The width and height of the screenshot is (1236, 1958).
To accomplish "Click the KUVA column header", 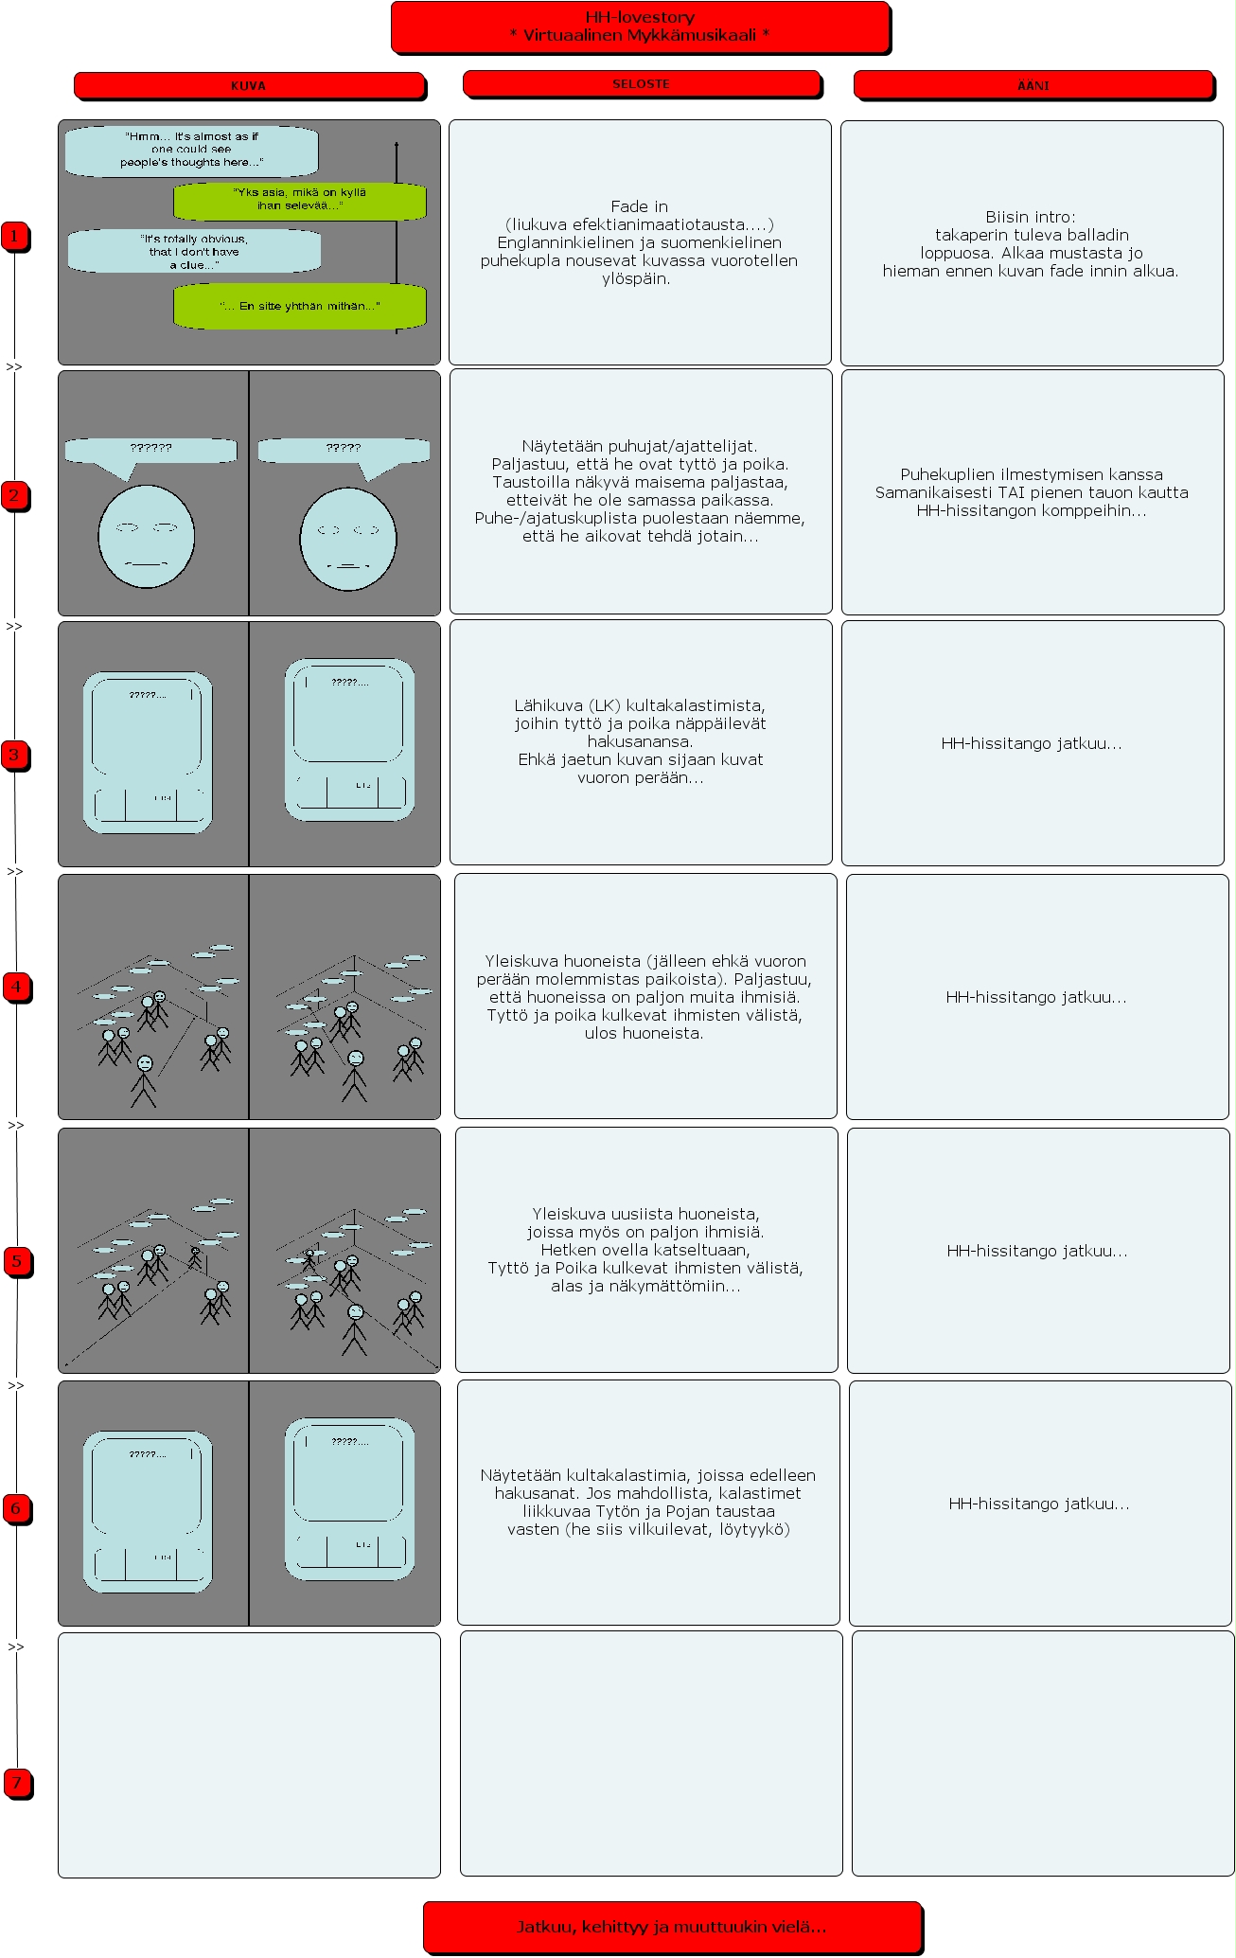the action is pyautogui.click(x=249, y=85).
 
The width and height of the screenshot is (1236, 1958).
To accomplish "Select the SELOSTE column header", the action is pyautogui.click(x=641, y=84).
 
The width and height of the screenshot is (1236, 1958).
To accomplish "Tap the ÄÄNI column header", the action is pyautogui.click(x=1033, y=85).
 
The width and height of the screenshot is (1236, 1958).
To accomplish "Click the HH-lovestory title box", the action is pyautogui.click(x=640, y=27).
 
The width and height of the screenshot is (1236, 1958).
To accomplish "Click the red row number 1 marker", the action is pyautogui.click(x=14, y=236).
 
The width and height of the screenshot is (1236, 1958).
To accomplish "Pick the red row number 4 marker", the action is pyautogui.click(x=16, y=987).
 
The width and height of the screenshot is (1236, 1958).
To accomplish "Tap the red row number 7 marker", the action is pyautogui.click(x=16, y=1783).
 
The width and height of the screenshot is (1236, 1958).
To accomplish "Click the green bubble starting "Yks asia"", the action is pyautogui.click(x=299, y=200).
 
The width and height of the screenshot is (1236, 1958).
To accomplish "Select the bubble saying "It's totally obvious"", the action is pyautogui.click(x=194, y=252).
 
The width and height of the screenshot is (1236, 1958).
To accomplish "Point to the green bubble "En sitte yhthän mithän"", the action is pyautogui.click(x=299, y=306).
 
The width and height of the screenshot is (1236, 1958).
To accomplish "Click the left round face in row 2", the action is pyautogui.click(x=147, y=537).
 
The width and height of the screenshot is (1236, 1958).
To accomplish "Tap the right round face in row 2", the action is pyautogui.click(x=347, y=539).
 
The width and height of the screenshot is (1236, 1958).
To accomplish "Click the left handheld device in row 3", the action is pyautogui.click(x=148, y=753).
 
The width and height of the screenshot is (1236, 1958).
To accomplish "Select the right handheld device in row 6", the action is pyautogui.click(x=349, y=1499).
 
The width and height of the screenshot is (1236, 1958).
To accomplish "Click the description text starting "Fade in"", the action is pyautogui.click(x=640, y=242).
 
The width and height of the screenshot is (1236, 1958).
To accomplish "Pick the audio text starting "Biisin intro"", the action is pyautogui.click(x=1031, y=243).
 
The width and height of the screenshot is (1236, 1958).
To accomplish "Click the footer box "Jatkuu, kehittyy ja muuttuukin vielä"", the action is pyautogui.click(x=672, y=1927).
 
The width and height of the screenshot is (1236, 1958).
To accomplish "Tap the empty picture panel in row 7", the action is pyautogui.click(x=249, y=1754).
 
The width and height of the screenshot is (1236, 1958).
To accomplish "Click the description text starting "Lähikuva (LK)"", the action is pyautogui.click(x=641, y=741).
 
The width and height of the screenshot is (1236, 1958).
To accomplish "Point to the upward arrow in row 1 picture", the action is pyautogui.click(x=397, y=237).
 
